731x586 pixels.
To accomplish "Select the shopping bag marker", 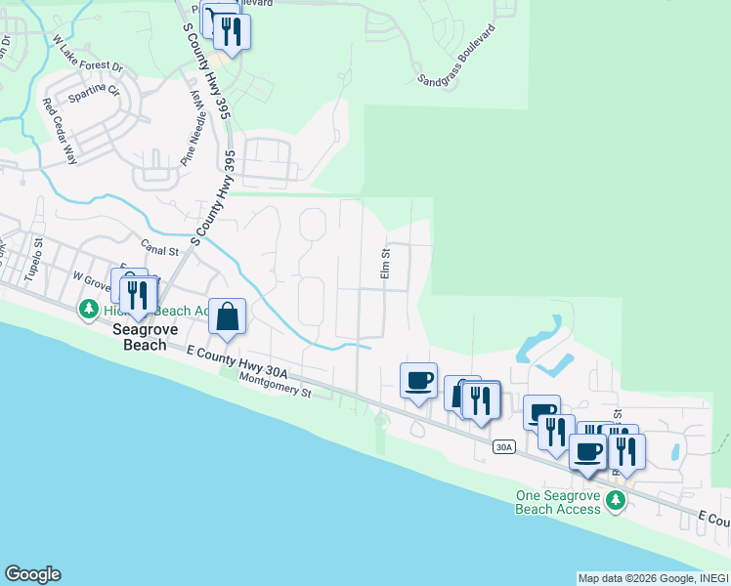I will tap(227, 316).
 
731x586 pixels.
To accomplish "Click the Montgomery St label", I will tap(275, 386).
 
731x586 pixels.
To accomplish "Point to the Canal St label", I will tap(161, 250).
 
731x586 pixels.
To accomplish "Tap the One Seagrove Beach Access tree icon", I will tap(615, 501).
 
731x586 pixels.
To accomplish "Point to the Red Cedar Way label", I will tap(59, 122).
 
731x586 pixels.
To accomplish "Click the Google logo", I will tap(32, 574).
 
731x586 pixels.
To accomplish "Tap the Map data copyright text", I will tap(652, 578).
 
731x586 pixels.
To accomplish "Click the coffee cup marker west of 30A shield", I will tap(418, 381).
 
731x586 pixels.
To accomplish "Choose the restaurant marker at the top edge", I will tap(231, 31).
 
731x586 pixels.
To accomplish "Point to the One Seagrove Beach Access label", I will tap(558, 502).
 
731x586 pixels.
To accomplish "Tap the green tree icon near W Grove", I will tap(89, 310).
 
